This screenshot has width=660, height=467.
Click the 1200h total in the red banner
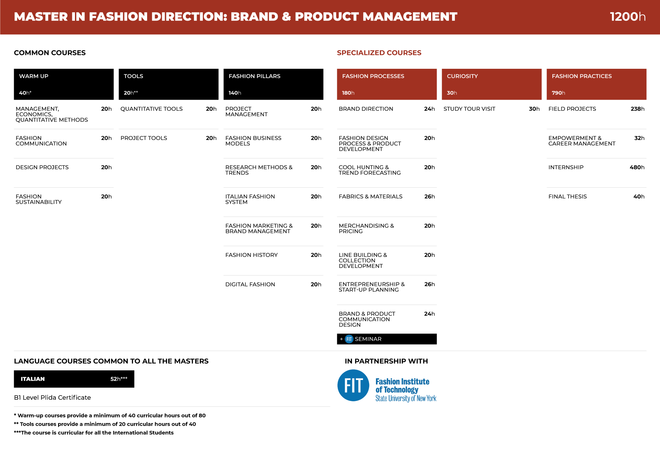click(x=627, y=17)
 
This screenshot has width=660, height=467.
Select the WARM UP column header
click(x=34, y=76)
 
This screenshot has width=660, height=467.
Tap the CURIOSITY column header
click(x=462, y=76)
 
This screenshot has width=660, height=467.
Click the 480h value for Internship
click(x=637, y=167)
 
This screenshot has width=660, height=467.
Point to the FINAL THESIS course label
click(x=568, y=196)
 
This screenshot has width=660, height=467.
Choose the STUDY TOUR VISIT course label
click(x=469, y=109)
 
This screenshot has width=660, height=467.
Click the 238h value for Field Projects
click(x=638, y=109)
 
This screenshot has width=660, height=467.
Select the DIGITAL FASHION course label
click(x=250, y=284)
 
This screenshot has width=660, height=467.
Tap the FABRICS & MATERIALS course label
click(x=371, y=196)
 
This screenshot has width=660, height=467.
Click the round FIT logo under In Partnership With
click(x=353, y=385)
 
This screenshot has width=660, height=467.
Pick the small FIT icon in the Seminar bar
click(x=349, y=339)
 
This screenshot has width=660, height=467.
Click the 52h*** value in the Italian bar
click(x=119, y=379)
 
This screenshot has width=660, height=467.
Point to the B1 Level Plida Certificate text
click(x=52, y=398)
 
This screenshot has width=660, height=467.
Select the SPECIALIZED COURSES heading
click(x=379, y=53)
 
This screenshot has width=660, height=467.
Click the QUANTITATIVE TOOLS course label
click(x=152, y=109)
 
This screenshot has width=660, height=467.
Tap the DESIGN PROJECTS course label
click(x=42, y=167)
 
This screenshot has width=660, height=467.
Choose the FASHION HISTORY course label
click(x=251, y=255)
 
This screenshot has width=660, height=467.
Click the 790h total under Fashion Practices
click(x=558, y=93)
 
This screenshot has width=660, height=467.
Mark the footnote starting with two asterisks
click(x=105, y=424)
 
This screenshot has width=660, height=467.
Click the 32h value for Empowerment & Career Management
click(x=639, y=138)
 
